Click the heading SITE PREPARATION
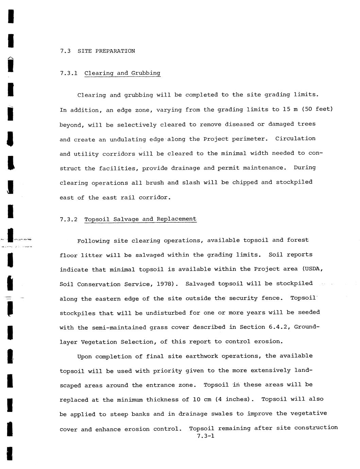106,51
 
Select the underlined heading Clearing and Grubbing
122,73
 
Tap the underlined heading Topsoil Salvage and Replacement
140,219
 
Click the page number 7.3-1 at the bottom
206,436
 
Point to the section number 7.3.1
69,73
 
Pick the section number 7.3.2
69,219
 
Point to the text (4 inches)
235,399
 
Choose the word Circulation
295,138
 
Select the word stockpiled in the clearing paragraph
294,182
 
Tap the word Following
93,241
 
